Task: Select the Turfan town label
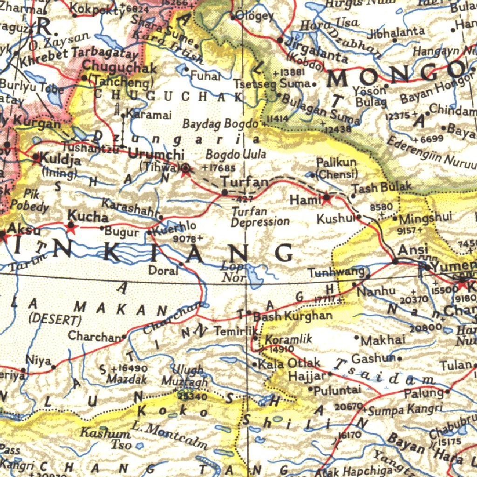click(245, 182)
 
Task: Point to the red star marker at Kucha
click(71, 227)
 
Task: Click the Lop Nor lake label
click(233, 272)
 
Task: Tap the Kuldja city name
click(60, 160)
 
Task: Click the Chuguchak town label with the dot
click(120, 68)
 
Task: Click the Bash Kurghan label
click(293, 316)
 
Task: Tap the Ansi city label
click(410, 250)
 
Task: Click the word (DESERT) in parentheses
click(55, 320)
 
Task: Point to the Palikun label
click(336, 163)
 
